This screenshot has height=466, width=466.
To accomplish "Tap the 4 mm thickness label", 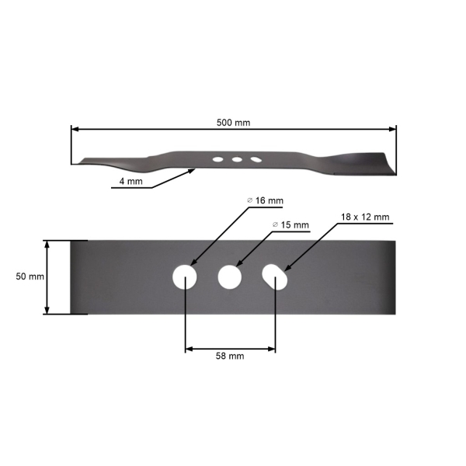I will coord(130,181).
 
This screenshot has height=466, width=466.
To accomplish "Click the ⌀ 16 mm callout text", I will coord(265,200).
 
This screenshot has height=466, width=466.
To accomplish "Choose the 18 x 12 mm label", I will coord(364,217).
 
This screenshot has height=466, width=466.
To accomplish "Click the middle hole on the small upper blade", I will coord(236,159).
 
